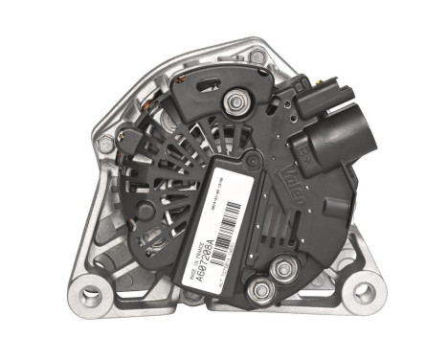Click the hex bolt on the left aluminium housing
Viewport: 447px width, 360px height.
(102, 145)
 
